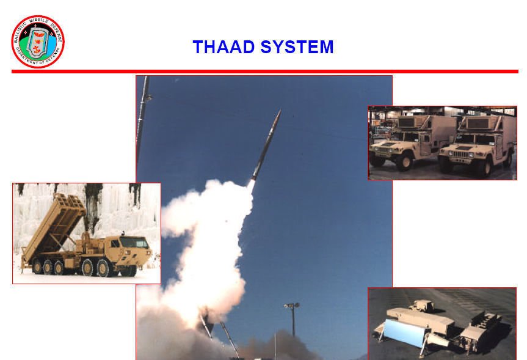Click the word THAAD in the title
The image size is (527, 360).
click(x=224, y=47)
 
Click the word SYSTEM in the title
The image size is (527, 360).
click(x=297, y=47)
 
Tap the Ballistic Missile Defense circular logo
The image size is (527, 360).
click(x=38, y=42)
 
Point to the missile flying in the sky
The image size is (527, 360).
click(x=266, y=145)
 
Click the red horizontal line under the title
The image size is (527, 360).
click(x=265, y=72)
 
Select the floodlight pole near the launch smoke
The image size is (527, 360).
click(x=293, y=319)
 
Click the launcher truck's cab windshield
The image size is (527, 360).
click(x=134, y=243)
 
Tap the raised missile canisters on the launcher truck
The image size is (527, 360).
click(x=54, y=225)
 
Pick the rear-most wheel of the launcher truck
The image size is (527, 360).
click(x=37, y=266)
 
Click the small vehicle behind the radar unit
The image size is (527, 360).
click(x=423, y=306)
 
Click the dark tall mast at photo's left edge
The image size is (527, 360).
click(x=142, y=118)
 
